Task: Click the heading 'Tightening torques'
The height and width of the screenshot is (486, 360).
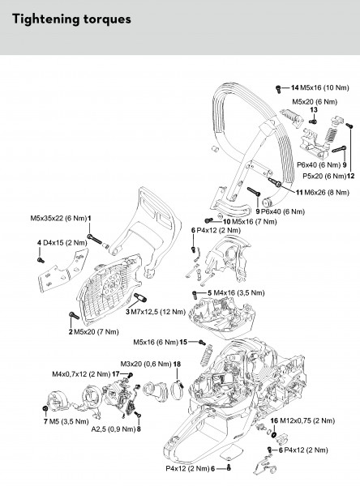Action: (71, 19)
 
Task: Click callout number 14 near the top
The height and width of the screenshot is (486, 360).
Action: (294, 87)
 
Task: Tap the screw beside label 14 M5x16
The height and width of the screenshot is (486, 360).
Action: (278, 89)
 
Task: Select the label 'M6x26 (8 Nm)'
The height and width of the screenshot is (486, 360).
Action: (327, 193)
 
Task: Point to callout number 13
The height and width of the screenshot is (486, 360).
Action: (314, 110)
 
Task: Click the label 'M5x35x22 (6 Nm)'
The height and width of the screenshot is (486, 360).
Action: (58, 218)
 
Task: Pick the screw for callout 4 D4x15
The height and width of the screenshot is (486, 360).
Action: (41, 260)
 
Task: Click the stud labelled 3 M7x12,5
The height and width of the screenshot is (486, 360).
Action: (140, 298)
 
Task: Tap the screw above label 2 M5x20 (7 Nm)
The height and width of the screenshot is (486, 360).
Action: (74, 316)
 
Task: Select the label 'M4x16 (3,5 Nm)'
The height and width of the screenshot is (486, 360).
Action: (238, 293)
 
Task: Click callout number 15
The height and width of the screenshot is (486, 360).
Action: (183, 342)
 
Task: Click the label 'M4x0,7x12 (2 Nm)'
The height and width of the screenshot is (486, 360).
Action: (81, 374)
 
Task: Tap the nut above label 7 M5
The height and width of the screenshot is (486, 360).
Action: (45, 408)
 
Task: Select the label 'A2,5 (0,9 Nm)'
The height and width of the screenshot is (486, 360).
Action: (114, 429)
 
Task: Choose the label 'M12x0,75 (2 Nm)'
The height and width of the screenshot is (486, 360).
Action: (307, 421)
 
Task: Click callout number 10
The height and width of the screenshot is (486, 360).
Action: (227, 222)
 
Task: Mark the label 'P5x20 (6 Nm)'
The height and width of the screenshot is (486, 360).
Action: (324, 176)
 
